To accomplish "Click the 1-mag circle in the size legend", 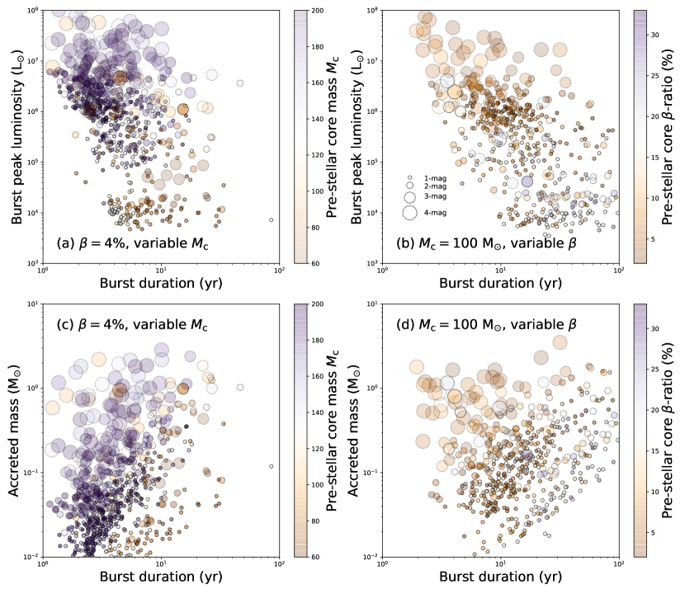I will (409, 178).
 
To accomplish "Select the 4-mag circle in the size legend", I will (409, 212).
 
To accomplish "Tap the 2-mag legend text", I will (436, 187).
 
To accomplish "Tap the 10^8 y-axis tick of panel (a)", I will (33, 11).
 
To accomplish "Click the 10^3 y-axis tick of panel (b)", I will (373, 263).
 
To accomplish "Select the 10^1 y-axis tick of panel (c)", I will (33, 304).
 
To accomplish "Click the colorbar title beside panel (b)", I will (672, 137).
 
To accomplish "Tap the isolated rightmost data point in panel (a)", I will (271, 220).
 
